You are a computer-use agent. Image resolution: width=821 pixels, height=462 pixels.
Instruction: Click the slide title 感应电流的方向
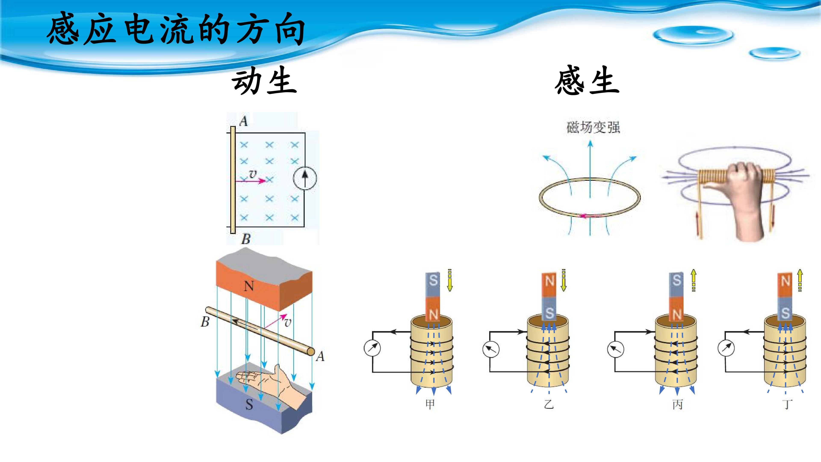(x=176, y=29)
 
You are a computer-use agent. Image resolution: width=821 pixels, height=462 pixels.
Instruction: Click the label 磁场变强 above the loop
(x=593, y=127)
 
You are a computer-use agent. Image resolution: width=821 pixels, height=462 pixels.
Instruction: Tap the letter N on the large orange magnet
(x=249, y=286)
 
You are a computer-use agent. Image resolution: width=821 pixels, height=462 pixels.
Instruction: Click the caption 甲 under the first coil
(x=430, y=404)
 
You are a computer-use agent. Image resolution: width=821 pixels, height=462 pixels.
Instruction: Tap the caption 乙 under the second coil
(x=549, y=404)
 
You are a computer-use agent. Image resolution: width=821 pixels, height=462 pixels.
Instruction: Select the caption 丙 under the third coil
(x=677, y=404)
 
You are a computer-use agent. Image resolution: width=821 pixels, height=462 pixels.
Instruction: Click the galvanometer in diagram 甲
(x=372, y=348)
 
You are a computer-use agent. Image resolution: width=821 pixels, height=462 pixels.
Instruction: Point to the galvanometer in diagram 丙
(x=616, y=349)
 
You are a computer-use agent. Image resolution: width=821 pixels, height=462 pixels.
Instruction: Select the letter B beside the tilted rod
(x=205, y=322)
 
